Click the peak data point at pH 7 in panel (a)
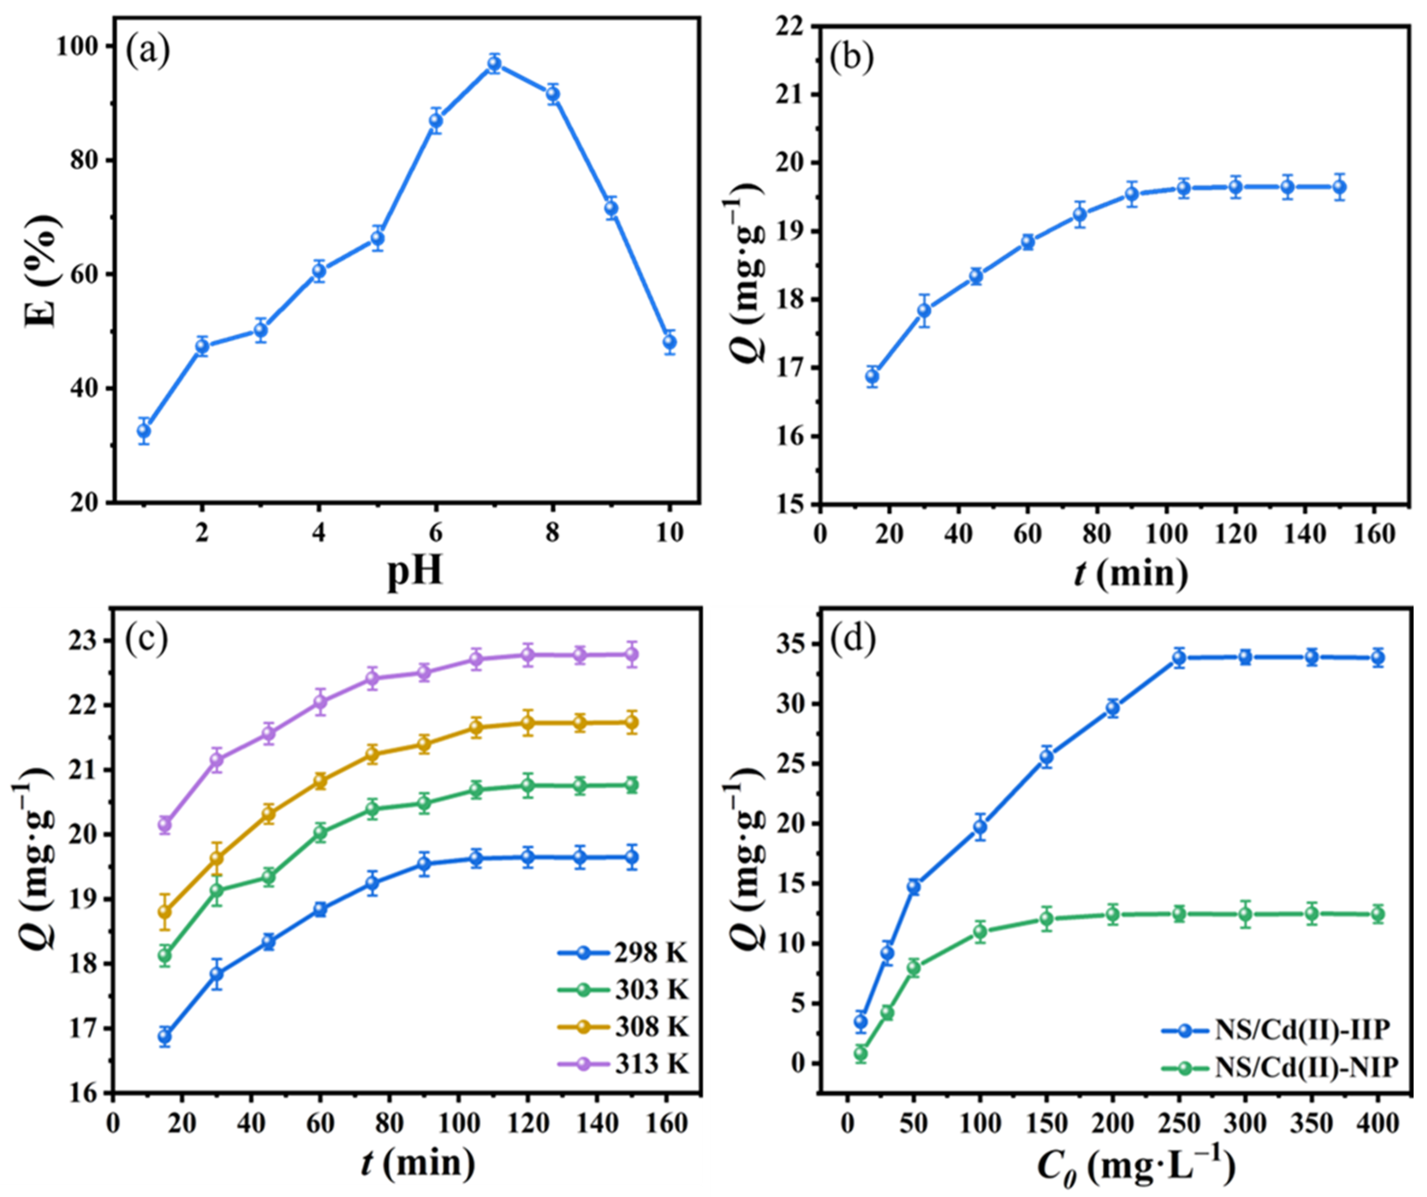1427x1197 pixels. click(x=494, y=64)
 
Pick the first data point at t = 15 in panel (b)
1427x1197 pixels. click(x=872, y=376)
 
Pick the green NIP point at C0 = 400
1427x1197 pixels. click(x=1377, y=914)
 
